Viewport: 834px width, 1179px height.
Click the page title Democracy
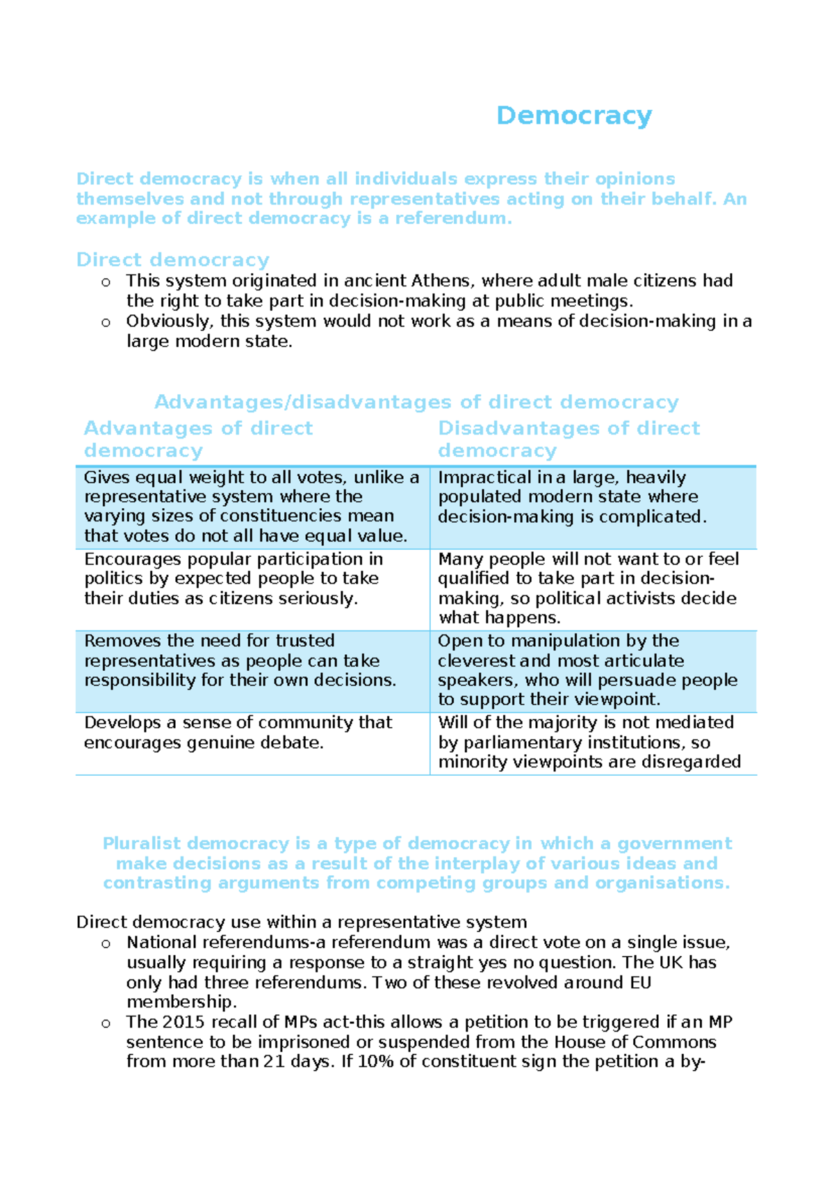pyautogui.click(x=574, y=115)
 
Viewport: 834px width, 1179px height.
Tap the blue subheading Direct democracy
pyautogui.click(x=172, y=260)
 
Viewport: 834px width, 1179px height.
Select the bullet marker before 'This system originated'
pyautogui.click(x=106, y=282)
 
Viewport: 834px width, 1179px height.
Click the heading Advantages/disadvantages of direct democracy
pyautogui.click(x=416, y=402)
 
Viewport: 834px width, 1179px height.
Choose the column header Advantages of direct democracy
pyautogui.click(x=198, y=439)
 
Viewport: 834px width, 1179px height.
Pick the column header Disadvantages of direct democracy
pyautogui.click(x=569, y=439)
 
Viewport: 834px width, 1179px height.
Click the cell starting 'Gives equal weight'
pyautogui.click(x=252, y=507)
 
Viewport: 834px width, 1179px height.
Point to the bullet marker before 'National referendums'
pyautogui.click(x=106, y=943)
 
